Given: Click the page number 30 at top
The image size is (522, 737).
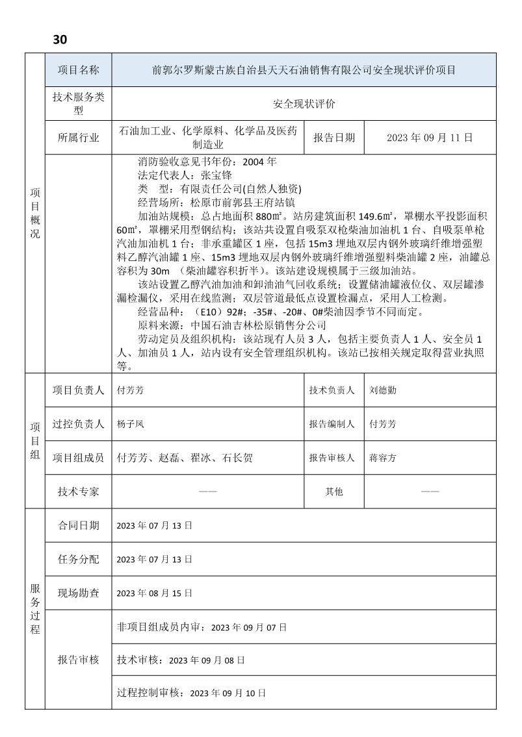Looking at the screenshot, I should pos(60,40).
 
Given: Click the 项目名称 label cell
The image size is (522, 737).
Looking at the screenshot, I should pos(78,70).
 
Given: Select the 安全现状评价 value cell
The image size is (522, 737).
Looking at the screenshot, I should pos(304,104).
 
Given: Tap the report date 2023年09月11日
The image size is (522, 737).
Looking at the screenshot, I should pos(430,138).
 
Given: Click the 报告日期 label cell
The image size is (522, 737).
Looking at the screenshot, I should pos(334,138).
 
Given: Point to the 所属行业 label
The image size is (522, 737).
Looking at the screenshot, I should pos(78,138).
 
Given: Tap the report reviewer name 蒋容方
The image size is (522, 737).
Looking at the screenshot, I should pos(382,458).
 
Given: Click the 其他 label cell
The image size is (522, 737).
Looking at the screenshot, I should pos(334,492).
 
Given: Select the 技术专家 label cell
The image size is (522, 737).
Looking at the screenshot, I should pos(78,492).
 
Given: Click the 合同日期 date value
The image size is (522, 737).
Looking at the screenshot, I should pos(155,525).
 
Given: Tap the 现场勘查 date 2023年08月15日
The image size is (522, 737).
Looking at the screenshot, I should pos(155,593).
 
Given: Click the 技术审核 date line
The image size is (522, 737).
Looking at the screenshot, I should pos(181,660).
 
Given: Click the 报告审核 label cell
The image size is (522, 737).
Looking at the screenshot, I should pos(78,660).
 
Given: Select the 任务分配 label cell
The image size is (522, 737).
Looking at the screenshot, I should pos(78,559).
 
